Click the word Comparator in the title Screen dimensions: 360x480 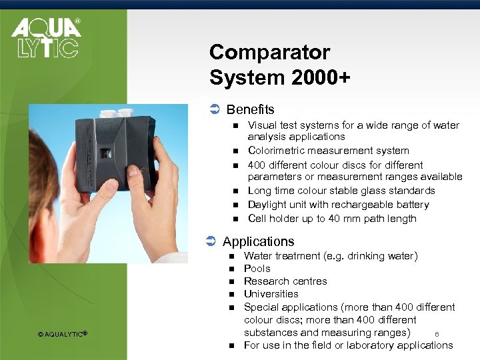point(269,52)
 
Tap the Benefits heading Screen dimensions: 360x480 point(250,109)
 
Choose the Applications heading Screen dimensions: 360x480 point(258,241)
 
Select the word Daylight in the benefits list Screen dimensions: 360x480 point(269,205)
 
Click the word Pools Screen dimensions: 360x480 point(257,268)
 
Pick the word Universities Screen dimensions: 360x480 point(271,293)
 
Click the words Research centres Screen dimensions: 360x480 point(285,281)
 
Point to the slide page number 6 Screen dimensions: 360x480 point(437,334)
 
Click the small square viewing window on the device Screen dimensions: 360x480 point(105,153)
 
